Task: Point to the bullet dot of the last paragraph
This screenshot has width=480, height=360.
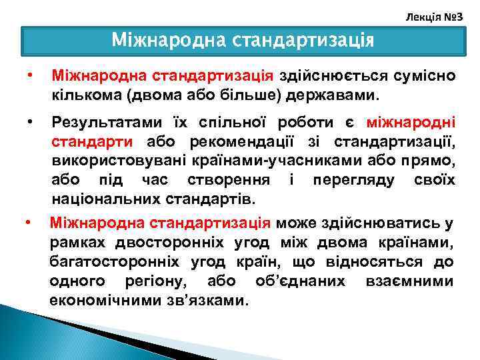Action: click(x=26, y=222)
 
